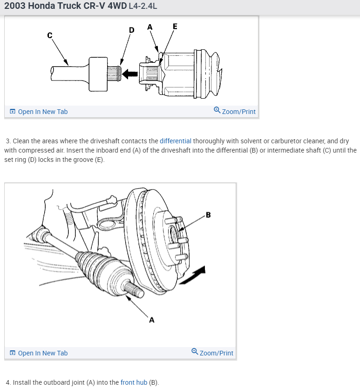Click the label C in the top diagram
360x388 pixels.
coord(49,35)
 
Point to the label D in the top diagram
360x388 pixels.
coord(131,30)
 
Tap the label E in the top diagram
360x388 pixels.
coord(175,27)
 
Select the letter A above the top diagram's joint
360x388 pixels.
coord(149,27)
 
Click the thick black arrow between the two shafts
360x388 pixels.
coord(130,73)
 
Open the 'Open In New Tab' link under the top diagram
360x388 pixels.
coord(42,112)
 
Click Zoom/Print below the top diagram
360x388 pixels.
coord(238,112)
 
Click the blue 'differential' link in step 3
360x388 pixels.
coord(175,141)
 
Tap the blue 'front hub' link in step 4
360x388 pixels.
coord(134,382)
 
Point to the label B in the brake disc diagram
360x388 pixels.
coord(208,215)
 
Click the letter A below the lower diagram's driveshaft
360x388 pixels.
coord(151,320)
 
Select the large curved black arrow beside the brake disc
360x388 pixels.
coord(193,275)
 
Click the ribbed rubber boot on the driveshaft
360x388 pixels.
coord(101,273)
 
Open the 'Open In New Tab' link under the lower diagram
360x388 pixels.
coord(42,353)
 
